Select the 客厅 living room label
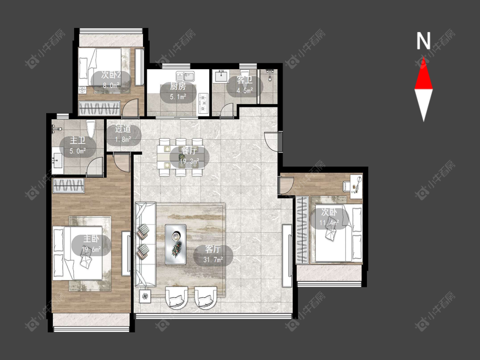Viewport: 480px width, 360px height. tap(213, 249)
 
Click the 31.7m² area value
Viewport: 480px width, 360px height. tap(213, 260)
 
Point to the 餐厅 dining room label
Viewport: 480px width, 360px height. tap(189, 151)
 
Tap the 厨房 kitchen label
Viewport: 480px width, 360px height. tap(178, 87)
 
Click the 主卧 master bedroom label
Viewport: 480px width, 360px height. tap(91, 239)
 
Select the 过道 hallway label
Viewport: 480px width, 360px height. tap(123, 129)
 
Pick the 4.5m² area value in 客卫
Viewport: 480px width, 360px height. tap(244, 90)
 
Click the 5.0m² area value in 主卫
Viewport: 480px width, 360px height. tap(78, 151)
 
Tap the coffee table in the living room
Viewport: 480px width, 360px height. tap(175, 244)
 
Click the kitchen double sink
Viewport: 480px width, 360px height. tap(185, 75)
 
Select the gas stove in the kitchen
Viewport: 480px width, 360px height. tap(203, 103)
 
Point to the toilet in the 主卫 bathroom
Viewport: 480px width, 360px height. tap(90, 130)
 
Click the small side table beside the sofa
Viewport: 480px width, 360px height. tap(145, 296)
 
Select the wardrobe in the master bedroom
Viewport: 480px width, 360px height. tap(69, 186)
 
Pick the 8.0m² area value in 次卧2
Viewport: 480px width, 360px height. tap(111, 86)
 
